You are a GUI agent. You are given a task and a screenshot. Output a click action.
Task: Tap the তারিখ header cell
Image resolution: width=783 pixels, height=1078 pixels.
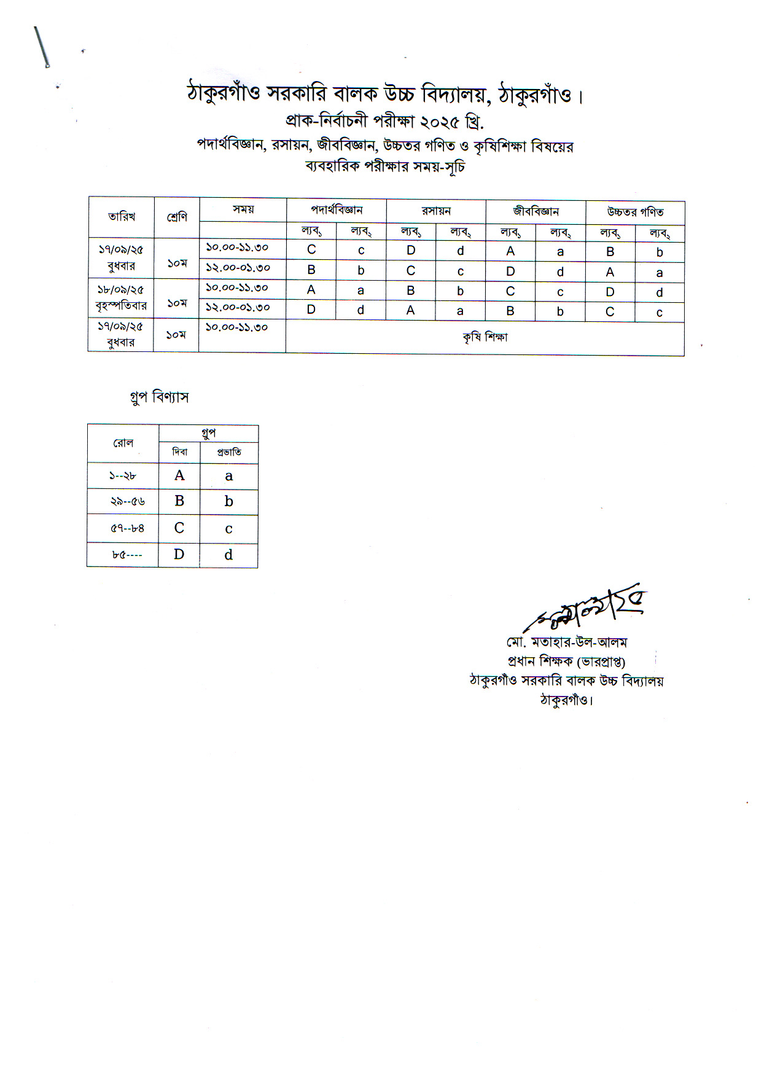[122, 217]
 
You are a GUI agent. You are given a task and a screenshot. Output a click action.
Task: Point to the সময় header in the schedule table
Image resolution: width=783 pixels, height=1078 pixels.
[243, 209]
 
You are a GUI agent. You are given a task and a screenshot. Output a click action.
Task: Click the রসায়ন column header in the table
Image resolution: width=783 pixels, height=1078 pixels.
[436, 211]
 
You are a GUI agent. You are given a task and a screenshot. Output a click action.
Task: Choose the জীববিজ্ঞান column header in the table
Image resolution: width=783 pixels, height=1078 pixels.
[536, 212]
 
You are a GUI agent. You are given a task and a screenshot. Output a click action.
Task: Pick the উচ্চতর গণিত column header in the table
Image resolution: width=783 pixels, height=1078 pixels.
[635, 213]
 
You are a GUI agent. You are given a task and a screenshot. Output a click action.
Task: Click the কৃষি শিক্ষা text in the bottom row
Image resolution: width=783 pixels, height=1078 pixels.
[485, 337]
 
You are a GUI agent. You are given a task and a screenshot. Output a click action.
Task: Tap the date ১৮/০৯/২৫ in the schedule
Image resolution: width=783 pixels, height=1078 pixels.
[120, 290]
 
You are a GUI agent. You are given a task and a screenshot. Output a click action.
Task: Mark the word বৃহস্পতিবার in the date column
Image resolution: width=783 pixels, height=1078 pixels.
[121, 306]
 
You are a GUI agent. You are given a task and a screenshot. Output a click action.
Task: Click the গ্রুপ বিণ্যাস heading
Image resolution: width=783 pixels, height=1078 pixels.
[159, 397]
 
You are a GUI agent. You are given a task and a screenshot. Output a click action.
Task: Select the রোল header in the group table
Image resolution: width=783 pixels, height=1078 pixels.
[123, 443]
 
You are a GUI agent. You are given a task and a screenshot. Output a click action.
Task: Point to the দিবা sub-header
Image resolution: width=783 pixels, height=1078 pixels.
[179, 452]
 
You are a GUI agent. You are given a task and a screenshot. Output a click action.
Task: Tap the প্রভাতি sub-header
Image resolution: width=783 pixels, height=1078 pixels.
[229, 453]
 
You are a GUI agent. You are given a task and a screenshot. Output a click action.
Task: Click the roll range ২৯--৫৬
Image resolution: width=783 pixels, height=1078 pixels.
[127, 502]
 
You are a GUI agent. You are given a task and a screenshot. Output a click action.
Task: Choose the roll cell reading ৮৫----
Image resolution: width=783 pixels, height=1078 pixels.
[127, 555]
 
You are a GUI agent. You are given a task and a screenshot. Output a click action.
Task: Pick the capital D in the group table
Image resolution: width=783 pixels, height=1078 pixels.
[179, 555]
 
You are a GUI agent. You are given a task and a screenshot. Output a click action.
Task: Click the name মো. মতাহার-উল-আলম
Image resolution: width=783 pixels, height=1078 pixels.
[566, 643]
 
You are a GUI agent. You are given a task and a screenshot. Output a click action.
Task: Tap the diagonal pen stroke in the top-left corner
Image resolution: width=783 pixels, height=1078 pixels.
[41, 47]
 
